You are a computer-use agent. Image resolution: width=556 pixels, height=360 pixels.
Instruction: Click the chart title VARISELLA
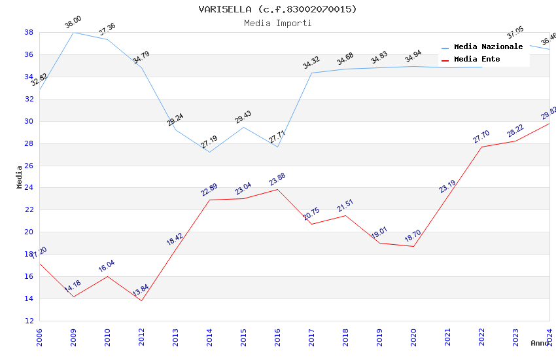pos(278,9)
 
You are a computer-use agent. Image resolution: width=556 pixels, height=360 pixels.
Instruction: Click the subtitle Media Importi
pos(278,23)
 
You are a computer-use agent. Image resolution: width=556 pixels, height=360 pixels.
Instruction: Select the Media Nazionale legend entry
pos(488,47)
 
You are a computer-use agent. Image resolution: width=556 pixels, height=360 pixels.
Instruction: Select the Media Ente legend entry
pos(477,60)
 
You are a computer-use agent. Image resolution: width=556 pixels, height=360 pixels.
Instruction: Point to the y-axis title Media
pos(20,177)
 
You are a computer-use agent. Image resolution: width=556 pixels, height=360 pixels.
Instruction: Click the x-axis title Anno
pos(540,343)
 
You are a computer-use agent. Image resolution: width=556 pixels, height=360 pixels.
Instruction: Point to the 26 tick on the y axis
pos(29,166)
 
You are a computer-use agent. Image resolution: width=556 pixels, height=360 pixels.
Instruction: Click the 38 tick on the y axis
pos(29,32)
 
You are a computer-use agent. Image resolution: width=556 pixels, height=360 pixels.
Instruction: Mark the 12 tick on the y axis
pos(29,321)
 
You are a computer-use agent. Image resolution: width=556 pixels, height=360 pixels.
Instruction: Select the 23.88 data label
pos(277,179)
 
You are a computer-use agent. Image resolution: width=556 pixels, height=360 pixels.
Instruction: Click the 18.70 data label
pos(413,236)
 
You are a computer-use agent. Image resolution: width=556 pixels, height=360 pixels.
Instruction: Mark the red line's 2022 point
pos(481,147)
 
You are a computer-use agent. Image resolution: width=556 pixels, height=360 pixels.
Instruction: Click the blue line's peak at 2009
pos(73,32)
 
